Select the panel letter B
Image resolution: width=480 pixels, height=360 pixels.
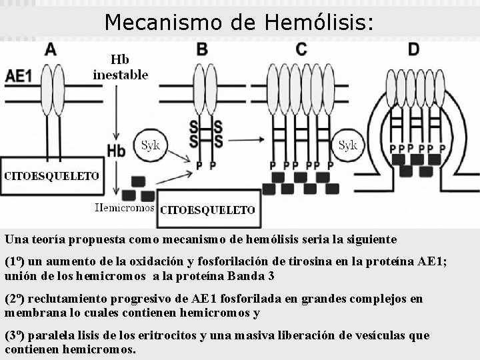pyautogui.click(x=203, y=49)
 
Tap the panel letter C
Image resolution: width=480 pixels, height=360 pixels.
pyautogui.click(x=301, y=49)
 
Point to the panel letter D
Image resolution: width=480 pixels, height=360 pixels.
pyautogui.click(x=414, y=49)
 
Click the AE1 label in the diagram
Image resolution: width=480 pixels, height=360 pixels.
pyautogui.click(x=19, y=76)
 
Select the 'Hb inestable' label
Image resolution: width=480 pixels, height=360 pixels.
pyautogui.click(x=120, y=67)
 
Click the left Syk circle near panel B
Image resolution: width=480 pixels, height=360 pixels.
pyautogui.click(x=151, y=146)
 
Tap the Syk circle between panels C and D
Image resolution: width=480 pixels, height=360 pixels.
pyautogui.click(x=348, y=145)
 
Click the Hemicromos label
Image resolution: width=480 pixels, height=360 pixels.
pyautogui.click(x=125, y=207)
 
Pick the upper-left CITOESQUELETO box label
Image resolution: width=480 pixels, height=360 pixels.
pyautogui.click(x=52, y=176)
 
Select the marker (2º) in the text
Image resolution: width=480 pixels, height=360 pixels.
pyautogui.click(x=13, y=299)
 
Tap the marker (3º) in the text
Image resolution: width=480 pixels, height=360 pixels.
pyautogui.click(x=13, y=335)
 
